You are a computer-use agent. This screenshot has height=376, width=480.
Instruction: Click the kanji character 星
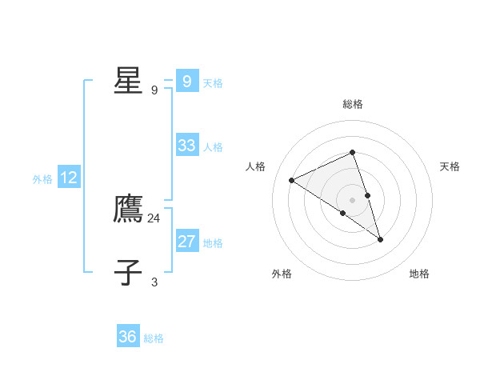128,81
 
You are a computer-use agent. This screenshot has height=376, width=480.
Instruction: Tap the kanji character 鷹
128,209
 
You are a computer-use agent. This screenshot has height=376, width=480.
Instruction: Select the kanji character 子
128,272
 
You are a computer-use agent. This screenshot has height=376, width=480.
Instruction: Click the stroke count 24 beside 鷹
154,218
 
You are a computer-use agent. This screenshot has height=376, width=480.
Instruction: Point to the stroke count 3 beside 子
154,282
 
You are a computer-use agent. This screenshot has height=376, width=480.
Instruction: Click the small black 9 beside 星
154,90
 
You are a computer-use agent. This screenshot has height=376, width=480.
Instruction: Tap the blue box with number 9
186,82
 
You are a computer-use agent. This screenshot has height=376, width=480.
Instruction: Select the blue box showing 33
186,146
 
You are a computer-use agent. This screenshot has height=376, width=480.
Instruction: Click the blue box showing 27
186,242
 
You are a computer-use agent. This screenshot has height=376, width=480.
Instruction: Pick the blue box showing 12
69,178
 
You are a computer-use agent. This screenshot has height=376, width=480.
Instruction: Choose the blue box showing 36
128,337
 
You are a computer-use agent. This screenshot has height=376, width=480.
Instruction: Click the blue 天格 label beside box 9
213,82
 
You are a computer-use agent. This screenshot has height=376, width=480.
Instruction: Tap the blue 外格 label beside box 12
42,179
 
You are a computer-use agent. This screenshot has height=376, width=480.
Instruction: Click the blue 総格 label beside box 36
154,338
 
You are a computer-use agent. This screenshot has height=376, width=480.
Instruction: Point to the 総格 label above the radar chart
353,104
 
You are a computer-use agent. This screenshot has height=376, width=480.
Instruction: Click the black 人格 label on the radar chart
256,166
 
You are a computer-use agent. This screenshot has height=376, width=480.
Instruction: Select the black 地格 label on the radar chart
419,274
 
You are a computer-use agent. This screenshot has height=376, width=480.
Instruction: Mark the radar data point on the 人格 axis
292,180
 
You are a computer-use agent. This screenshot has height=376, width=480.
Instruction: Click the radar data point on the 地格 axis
381,239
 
